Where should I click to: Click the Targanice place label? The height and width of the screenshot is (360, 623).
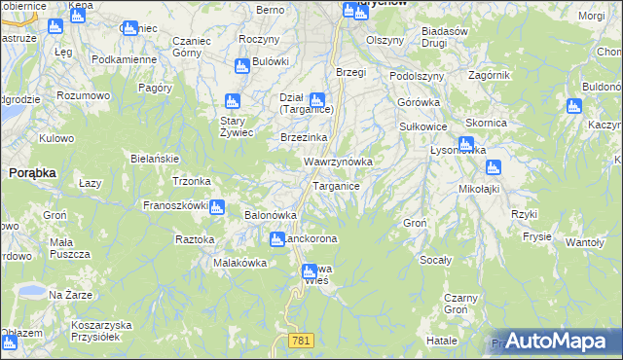coord(337,185)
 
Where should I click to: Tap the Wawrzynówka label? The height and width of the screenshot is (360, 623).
coord(338,161)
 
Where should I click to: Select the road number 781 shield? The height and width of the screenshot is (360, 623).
coord(300,339)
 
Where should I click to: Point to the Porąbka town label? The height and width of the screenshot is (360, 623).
coord(32,171)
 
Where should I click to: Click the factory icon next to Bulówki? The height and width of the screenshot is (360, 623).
coord(242,66)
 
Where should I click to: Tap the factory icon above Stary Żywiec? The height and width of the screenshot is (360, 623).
coord(232,101)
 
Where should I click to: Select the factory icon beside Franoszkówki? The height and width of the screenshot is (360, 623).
coord(217,206)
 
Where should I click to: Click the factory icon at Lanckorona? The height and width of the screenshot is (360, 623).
coord(276,238)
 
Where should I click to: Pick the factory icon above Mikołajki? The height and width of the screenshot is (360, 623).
coord(494,167)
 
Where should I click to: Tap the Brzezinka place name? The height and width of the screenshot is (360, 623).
coord(302,138)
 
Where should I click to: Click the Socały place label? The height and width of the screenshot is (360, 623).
coord(435,260)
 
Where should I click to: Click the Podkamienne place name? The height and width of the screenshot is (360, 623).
coord(124,58)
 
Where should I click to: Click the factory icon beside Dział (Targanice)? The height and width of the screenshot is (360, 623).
coord(316,99)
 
